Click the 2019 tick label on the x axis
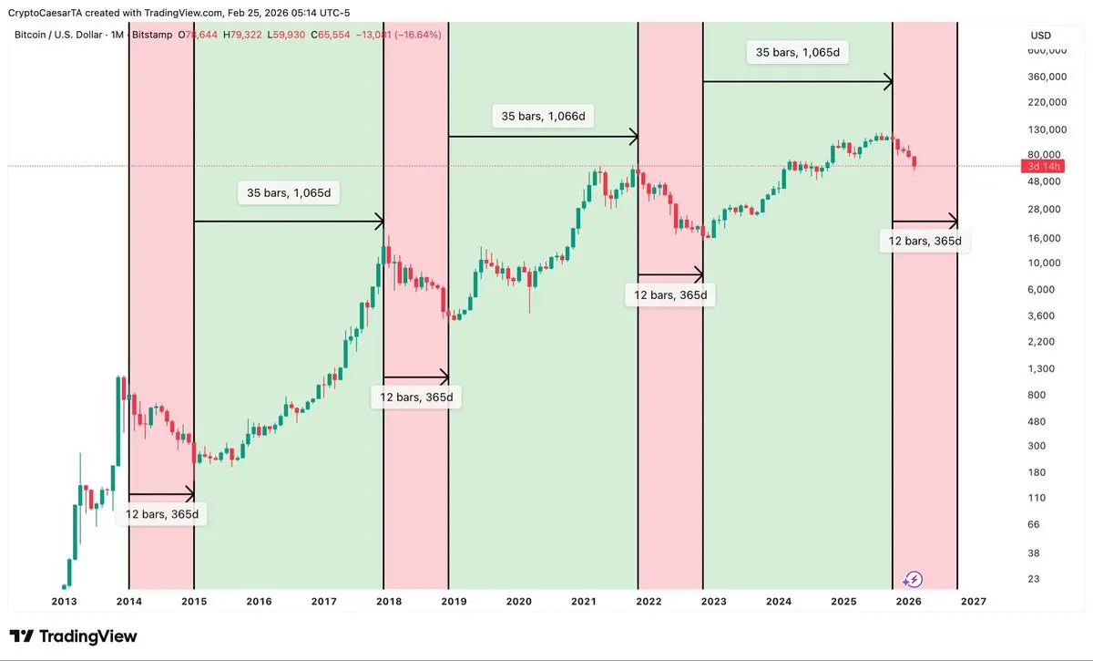click(454, 602)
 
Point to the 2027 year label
click(973, 602)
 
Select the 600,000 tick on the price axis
click(1047, 51)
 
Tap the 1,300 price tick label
click(1041, 368)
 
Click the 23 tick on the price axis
click(1034, 579)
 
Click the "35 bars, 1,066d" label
click(543, 117)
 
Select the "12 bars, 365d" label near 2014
click(162, 514)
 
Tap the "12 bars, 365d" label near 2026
click(924, 242)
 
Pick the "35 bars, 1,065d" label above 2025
click(797, 53)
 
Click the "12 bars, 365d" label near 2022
click(669, 295)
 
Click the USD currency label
click(1040, 36)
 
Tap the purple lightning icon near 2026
click(914, 579)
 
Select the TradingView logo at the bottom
click(73, 636)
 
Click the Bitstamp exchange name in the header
click(152, 35)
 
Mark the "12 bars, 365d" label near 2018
click(416, 398)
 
